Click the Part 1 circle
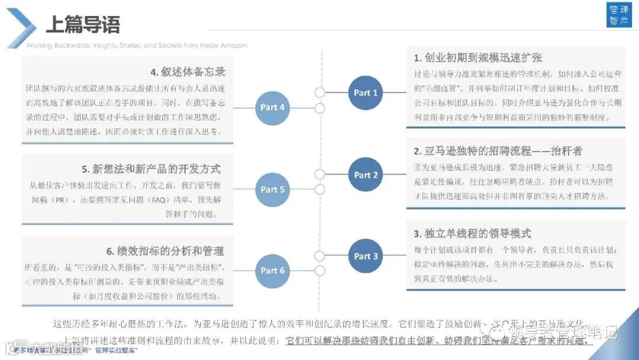(x=366, y=93)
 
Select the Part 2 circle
(x=366, y=175)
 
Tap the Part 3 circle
(x=366, y=256)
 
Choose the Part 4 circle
(x=273, y=107)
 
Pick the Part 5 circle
(x=273, y=189)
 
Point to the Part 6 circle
(x=273, y=271)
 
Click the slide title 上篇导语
(x=83, y=24)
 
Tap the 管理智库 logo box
(x=620, y=16)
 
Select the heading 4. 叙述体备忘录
(x=188, y=72)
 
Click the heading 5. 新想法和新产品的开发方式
(x=151, y=169)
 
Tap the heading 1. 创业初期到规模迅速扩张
(x=478, y=58)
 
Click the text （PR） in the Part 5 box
(x=63, y=200)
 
